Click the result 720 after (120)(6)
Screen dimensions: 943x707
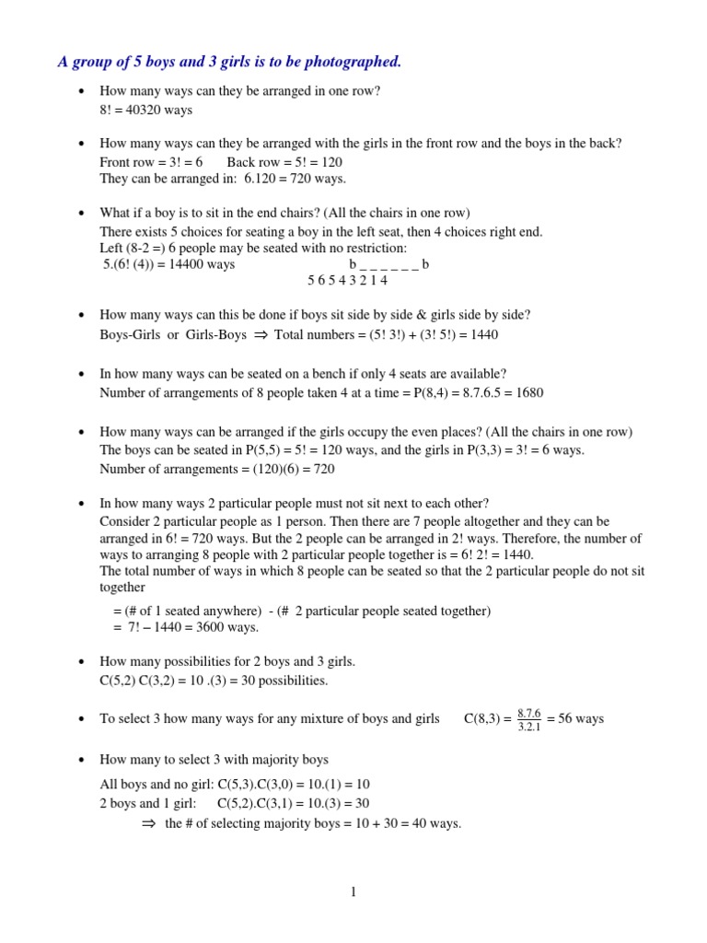click(323, 469)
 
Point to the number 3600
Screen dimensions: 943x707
click(200, 627)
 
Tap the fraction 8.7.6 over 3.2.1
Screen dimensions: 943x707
click(529, 719)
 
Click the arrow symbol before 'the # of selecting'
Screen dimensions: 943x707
click(149, 824)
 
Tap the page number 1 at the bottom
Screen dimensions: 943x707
click(353, 891)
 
